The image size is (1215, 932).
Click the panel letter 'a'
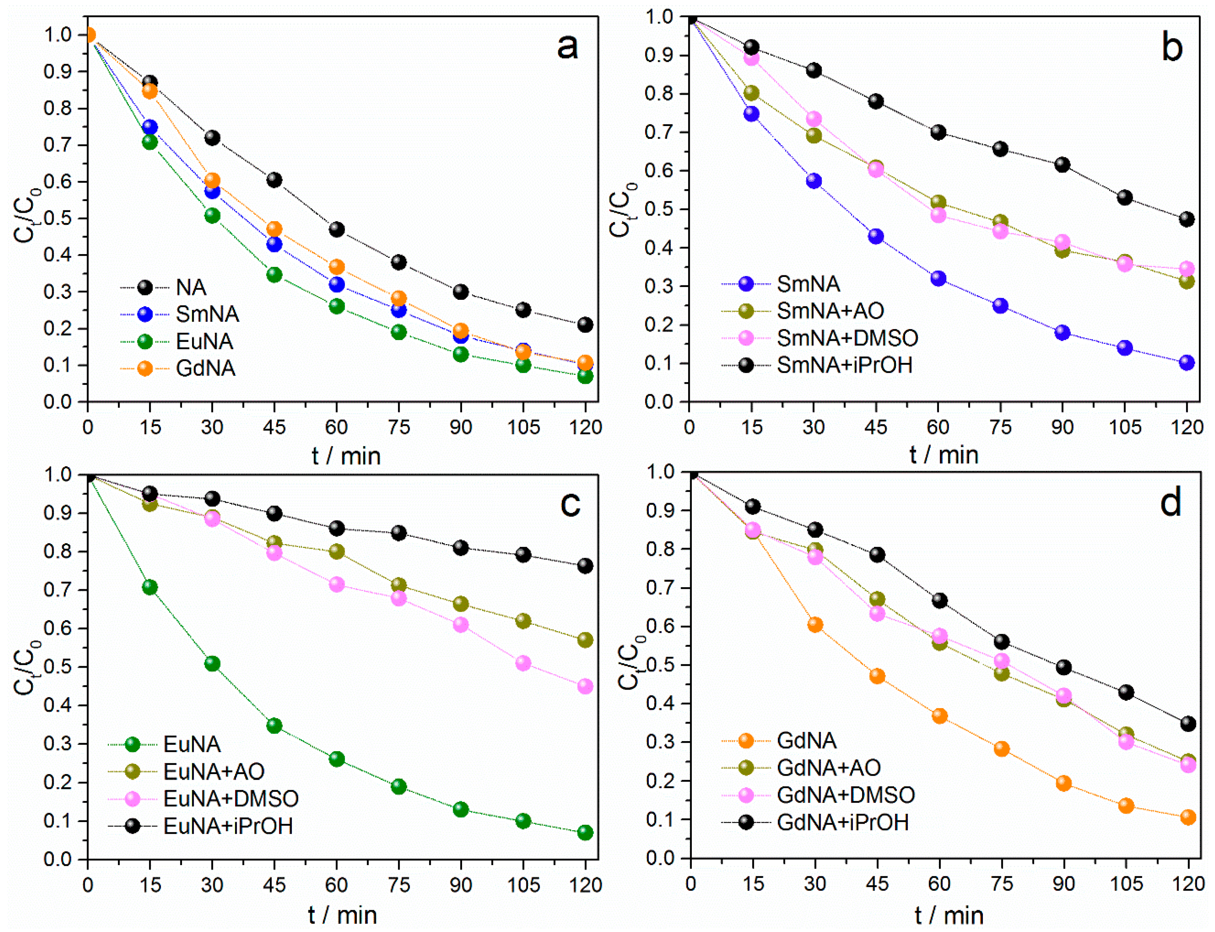pos(567,47)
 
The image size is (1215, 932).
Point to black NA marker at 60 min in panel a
pos(336,229)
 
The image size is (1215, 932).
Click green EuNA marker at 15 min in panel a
pos(150,142)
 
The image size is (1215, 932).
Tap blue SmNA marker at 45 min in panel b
pos(876,236)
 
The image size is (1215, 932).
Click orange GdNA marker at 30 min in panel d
pos(815,625)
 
